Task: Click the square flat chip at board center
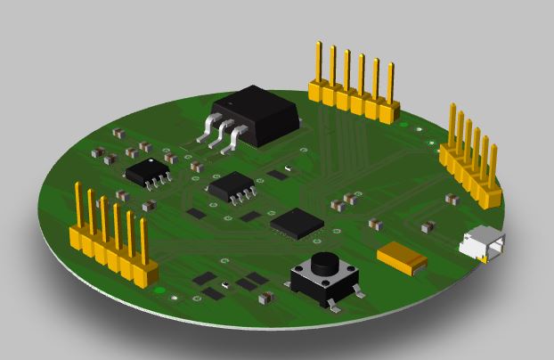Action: (297, 223)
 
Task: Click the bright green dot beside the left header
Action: (159, 290)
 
